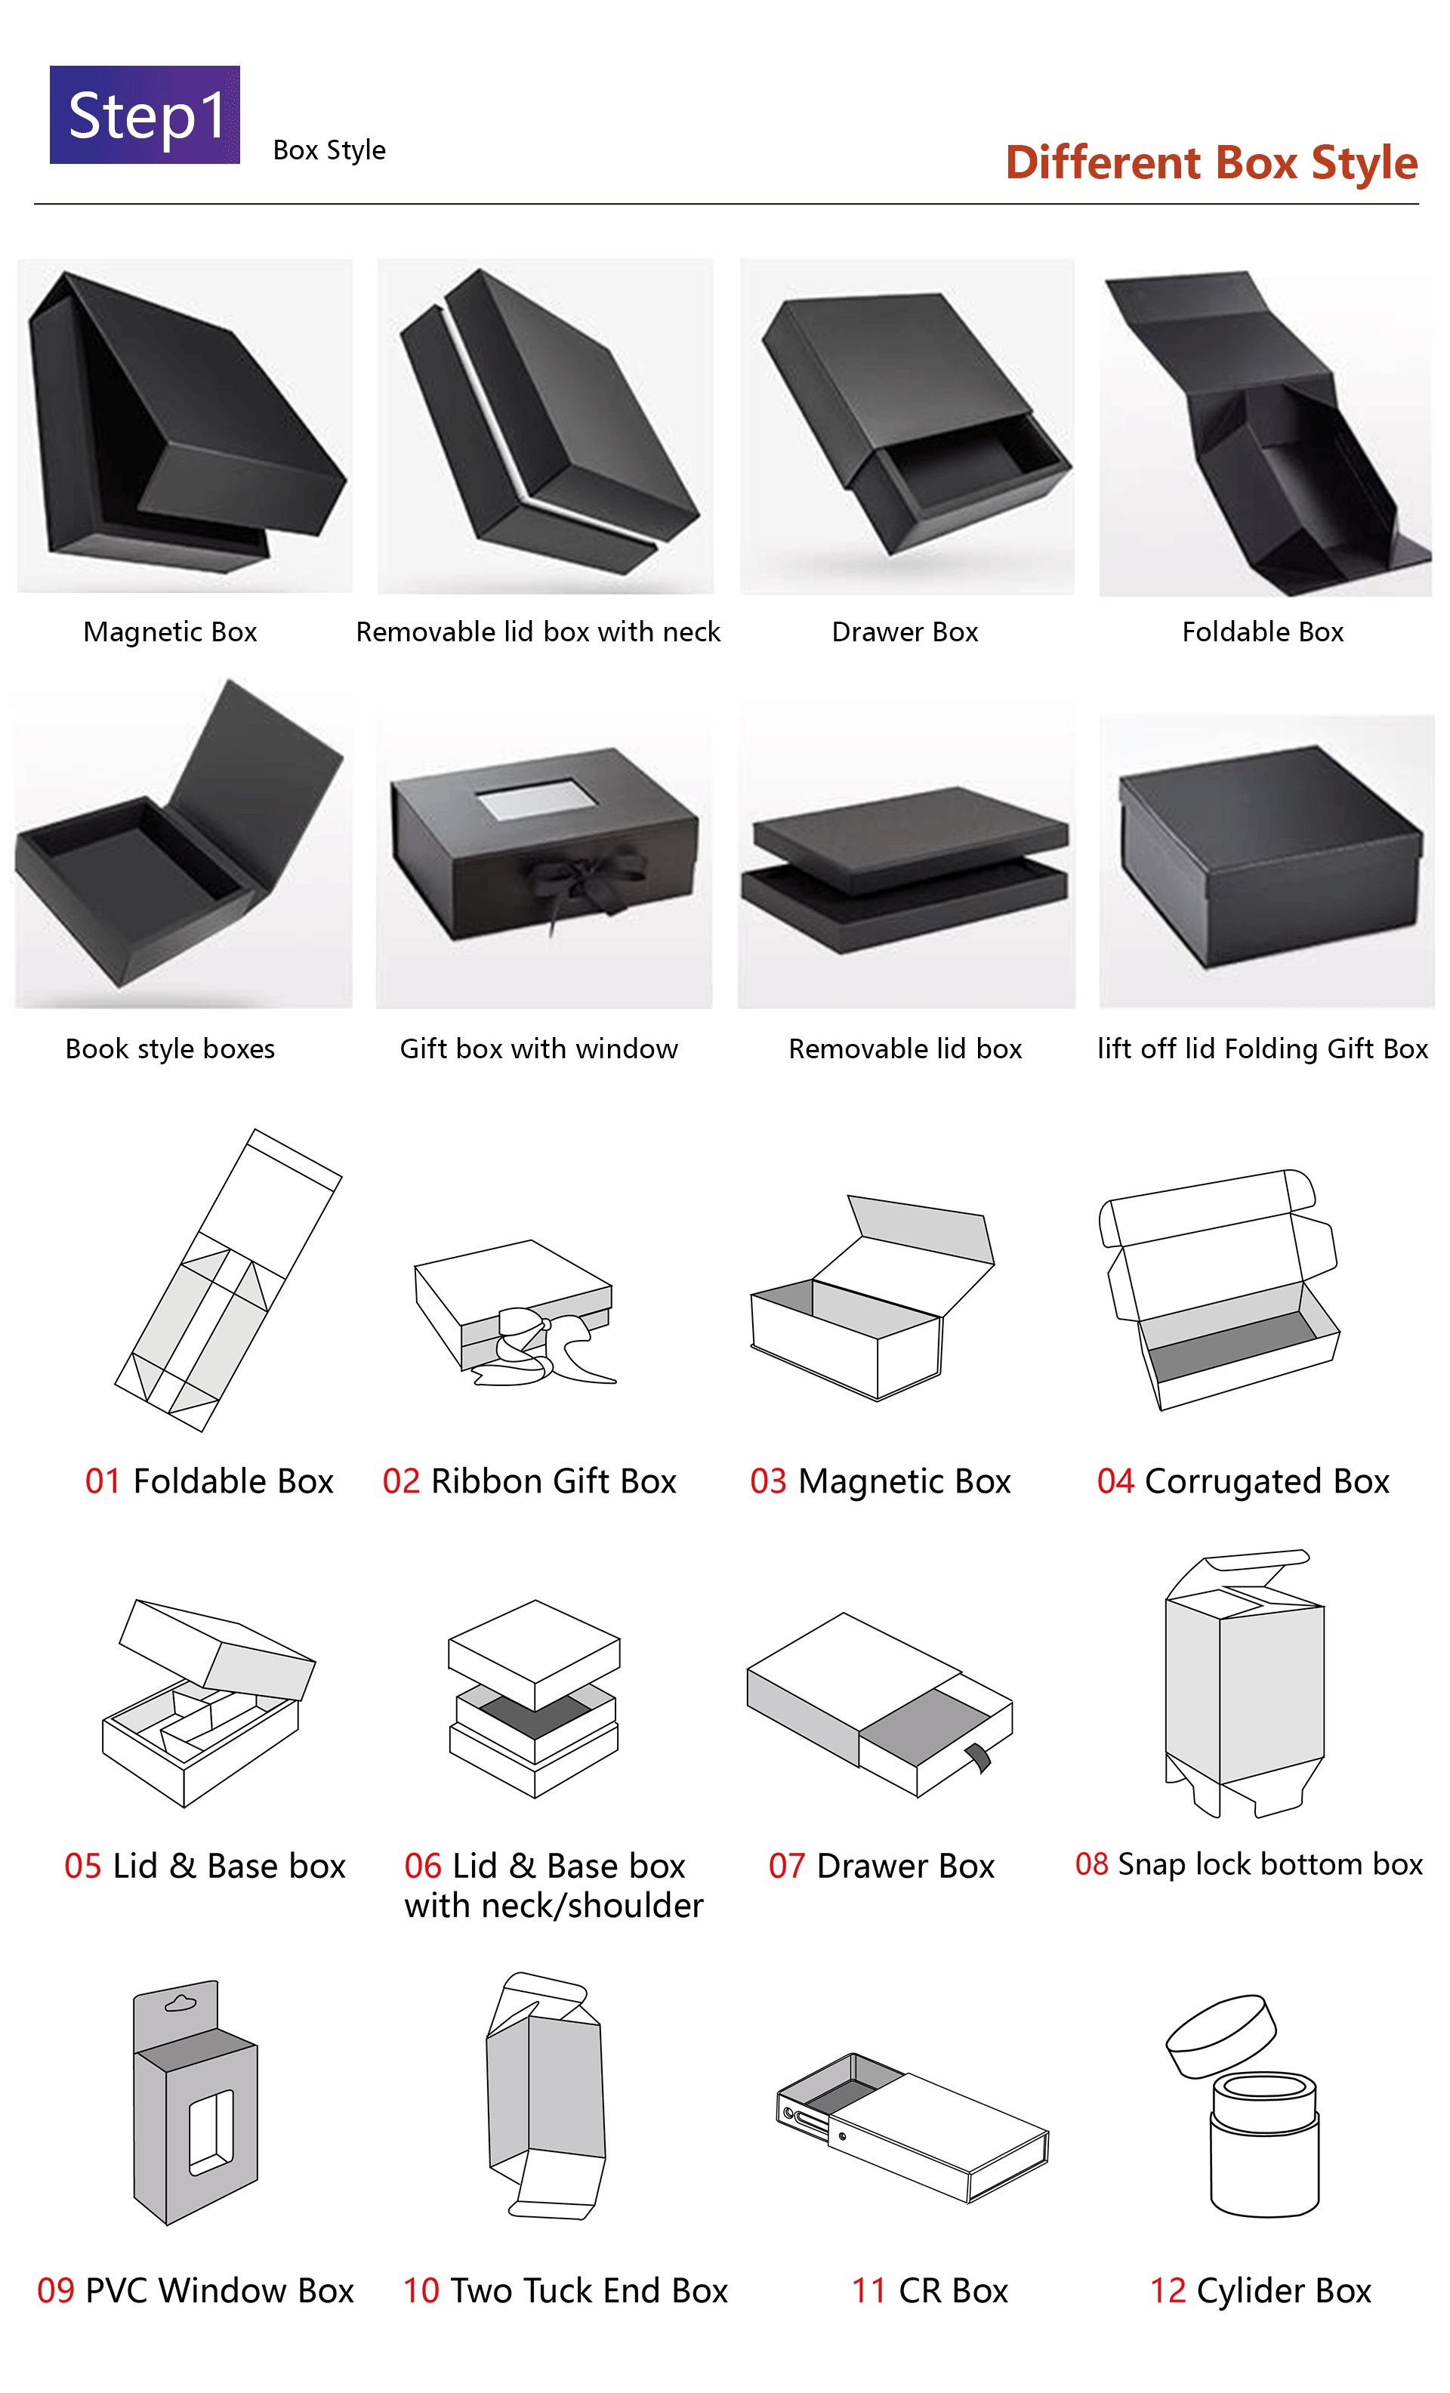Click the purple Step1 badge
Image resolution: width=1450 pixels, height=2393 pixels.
[x=145, y=115]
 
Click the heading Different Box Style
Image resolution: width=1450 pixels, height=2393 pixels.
[x=1211, y=162]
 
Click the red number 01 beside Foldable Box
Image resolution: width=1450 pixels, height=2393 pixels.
[x=103, y=1481]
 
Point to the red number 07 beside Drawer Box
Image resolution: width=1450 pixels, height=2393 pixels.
[x=787, y=1866]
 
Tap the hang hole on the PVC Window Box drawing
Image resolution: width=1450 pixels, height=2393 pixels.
[x=180, y=2002]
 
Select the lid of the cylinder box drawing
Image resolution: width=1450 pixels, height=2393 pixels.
[x=1221, y=2036]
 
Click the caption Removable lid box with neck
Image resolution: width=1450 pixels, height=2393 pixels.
[x=538, y=632]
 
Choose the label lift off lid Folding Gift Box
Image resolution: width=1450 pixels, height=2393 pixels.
[x=1263, y=1049]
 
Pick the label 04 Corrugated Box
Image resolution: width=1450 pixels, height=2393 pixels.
[x=1243, y=1481]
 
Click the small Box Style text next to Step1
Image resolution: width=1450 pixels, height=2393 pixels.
[x=329, y=150]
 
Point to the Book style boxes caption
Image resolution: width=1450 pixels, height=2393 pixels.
[x=170, y=1049]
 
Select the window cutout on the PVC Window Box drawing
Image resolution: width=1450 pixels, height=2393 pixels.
[x=211, y=2132]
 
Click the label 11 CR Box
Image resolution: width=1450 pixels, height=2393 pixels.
[x=930, y=2290]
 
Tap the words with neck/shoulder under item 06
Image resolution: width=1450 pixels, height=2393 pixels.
[x=554, y=1907]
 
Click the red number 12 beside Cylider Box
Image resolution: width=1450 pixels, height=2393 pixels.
[x=1168, y=2290]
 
